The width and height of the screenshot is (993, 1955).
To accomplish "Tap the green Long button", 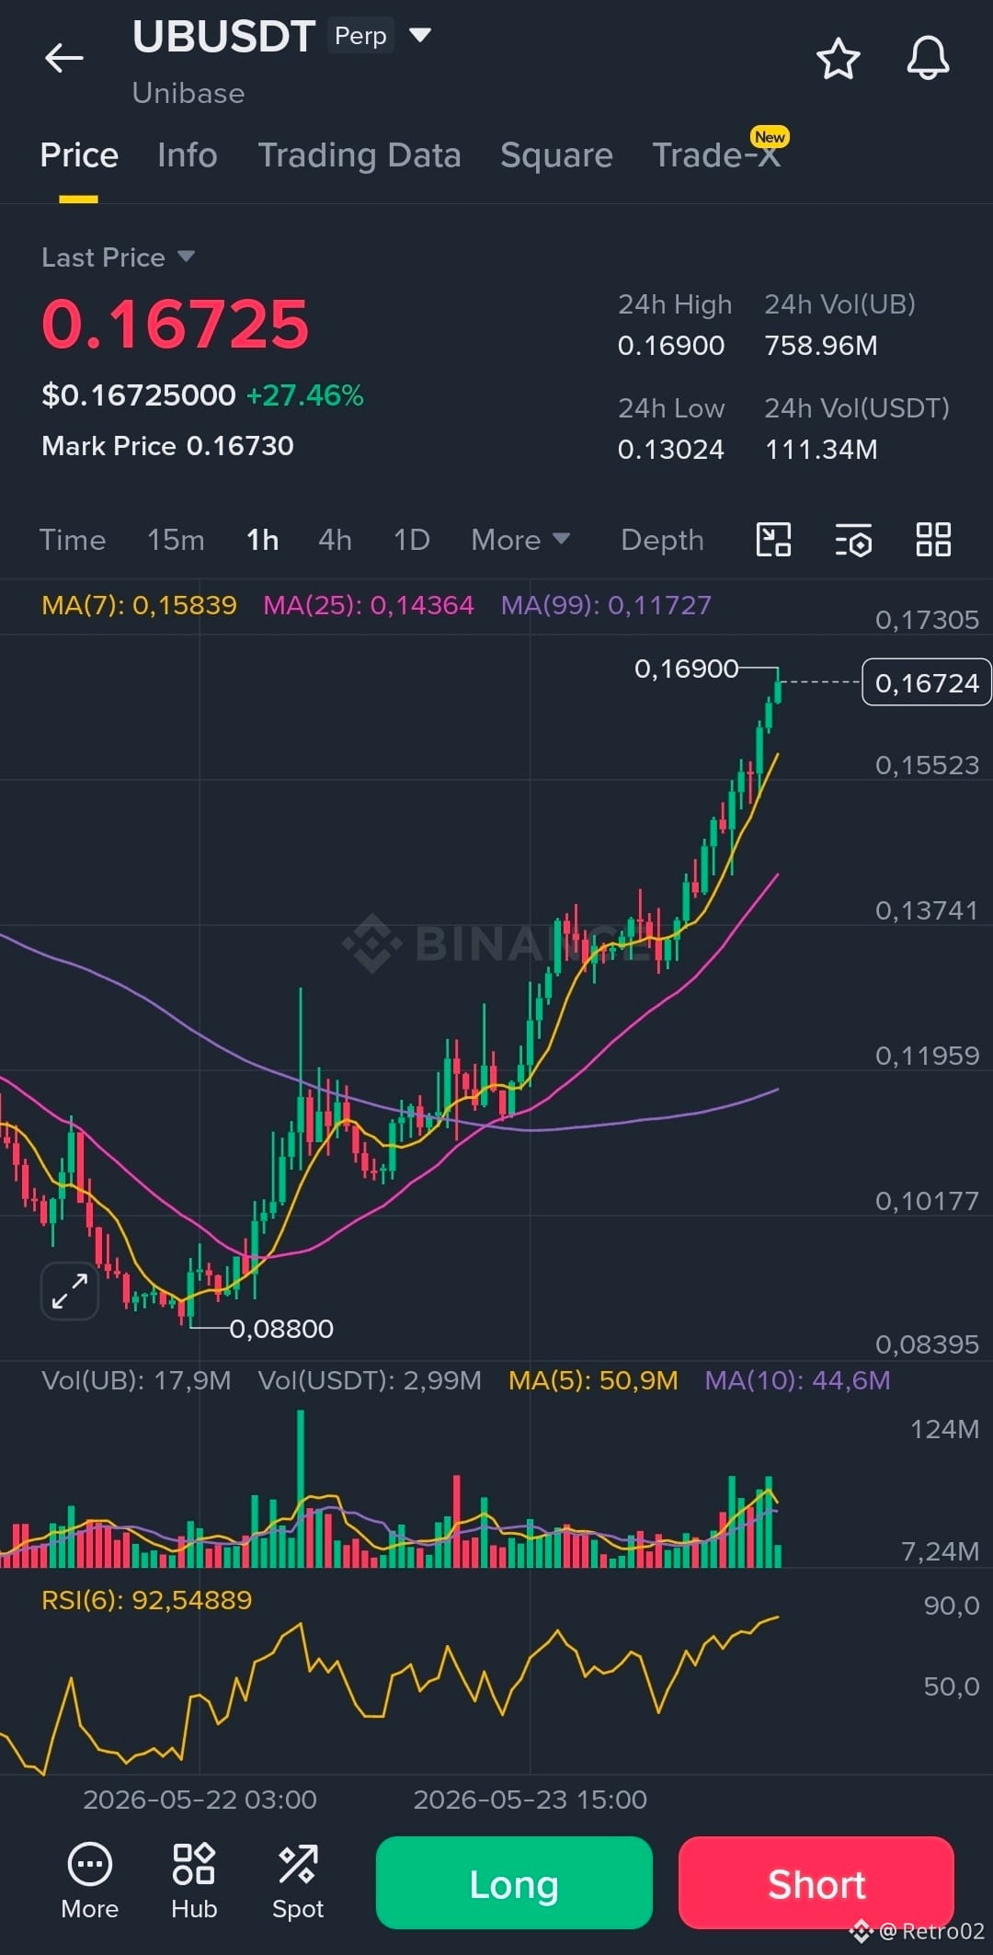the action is tap(514, 1882).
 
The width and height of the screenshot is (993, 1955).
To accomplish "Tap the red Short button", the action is tap(816, 1882).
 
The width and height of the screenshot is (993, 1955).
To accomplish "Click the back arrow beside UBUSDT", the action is tap(64, 58).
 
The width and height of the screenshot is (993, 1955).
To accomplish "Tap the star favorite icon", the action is tap(839, 59).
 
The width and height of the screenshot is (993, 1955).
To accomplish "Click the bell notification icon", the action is tap(928, 59).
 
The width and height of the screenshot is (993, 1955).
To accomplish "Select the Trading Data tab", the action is tap(360, 155).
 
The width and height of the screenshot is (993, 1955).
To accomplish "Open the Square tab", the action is tap(556, 155).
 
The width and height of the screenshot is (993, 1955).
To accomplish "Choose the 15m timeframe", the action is tap(176, 540).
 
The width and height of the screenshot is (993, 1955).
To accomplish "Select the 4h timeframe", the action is tap(335, 540).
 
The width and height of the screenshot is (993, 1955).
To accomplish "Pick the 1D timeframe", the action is tap(411, 540).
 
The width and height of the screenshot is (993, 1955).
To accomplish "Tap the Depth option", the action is tap(662, 540).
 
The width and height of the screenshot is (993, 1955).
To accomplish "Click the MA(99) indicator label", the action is tap(606, 605).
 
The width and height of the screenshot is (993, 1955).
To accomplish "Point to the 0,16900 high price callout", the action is tap(686, 669).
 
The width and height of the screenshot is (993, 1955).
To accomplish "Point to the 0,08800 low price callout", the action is tap(281, 1329).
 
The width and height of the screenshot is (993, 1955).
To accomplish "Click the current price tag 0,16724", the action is tap(927, 682).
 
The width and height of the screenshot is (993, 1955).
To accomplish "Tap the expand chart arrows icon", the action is tap(70, 1291).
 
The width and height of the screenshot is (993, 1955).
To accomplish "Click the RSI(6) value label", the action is tap(147, 1600).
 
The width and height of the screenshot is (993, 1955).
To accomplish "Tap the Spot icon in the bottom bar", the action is tap(298, 1881).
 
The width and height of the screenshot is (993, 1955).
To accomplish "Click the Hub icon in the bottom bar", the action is tap(194, 1881).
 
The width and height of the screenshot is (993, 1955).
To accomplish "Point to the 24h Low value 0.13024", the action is tap(671, 450).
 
